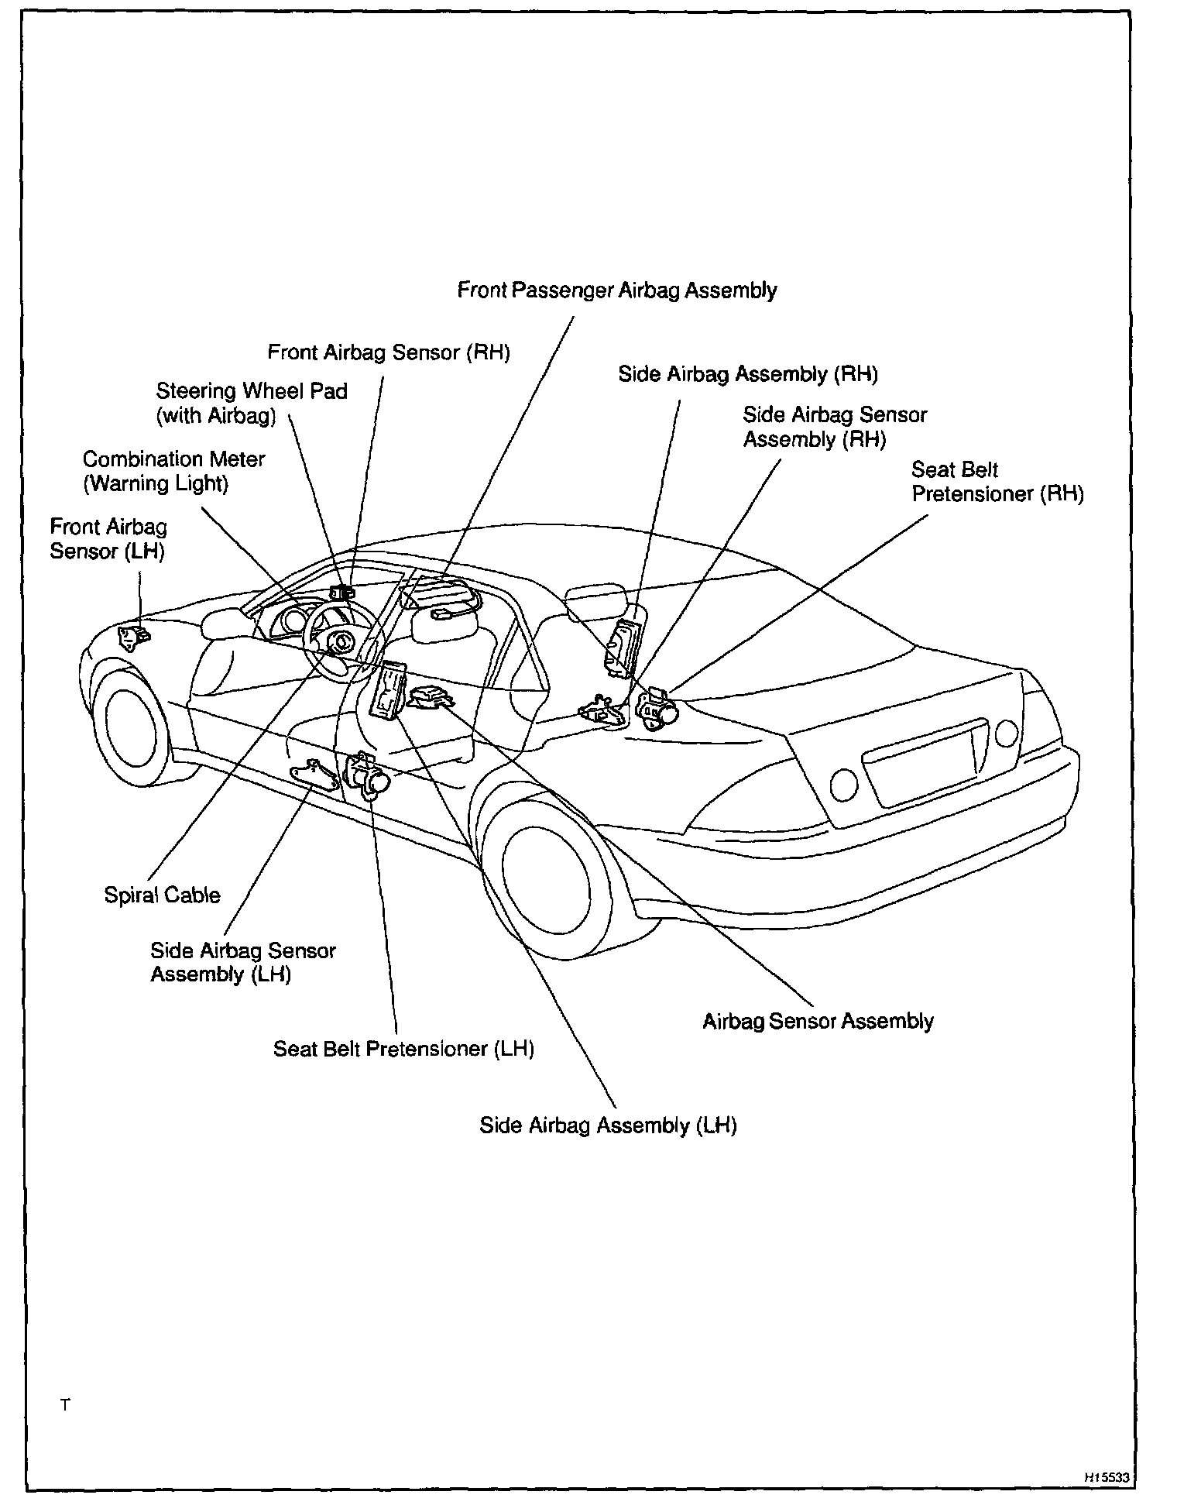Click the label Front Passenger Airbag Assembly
(616, 290)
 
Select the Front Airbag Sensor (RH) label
(389, 352)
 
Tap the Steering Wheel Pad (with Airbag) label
(251, 403)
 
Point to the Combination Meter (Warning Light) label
(173, 471)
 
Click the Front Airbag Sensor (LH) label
(108, 538)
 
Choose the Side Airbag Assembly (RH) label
(747, 374)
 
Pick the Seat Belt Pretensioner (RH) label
(997, 482)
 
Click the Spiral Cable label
(162, 895)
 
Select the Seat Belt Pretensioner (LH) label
(403, 1049)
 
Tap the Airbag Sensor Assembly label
(818, 1021)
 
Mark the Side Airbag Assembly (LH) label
(608, 1125)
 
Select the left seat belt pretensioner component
(369, 775)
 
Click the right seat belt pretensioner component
(655, 706)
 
